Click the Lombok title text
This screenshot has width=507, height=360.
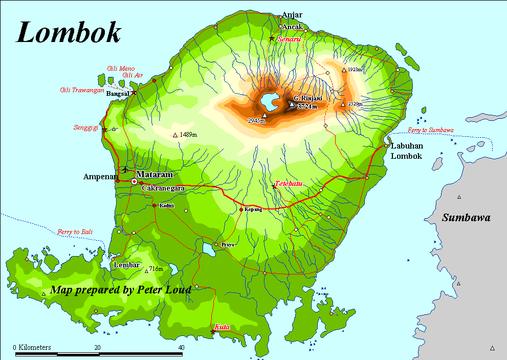tap(69, 32)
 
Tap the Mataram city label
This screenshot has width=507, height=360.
tap(155, 175)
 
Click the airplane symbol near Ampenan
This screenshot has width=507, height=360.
tap(125, 169)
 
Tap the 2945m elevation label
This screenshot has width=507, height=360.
tap(256, 121)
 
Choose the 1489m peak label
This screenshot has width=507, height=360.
tap(187, 135)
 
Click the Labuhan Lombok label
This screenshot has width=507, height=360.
tap(407, 151)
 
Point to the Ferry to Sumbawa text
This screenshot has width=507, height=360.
tap(430, 130)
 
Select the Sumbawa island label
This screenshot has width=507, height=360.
tap(466, 218)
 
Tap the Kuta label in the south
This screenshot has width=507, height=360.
tap(222, 326)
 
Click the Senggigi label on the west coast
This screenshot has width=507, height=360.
tap(85, 128)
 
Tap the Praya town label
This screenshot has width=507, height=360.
tap(228, 245)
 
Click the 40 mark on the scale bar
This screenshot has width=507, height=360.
tap(181, 347)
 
